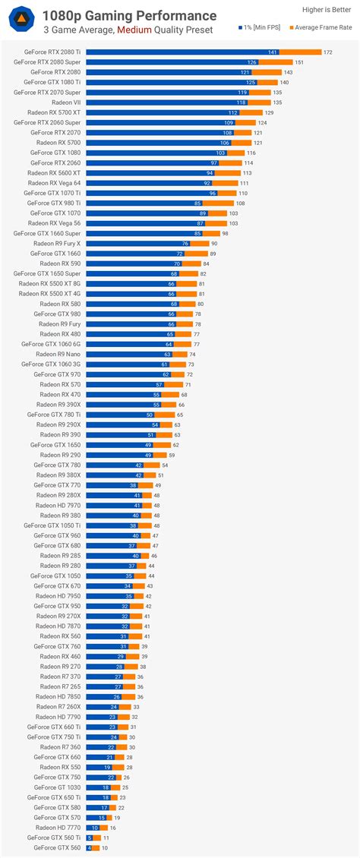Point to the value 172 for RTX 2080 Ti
click(327, 52)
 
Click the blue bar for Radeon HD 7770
click(93, 827)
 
